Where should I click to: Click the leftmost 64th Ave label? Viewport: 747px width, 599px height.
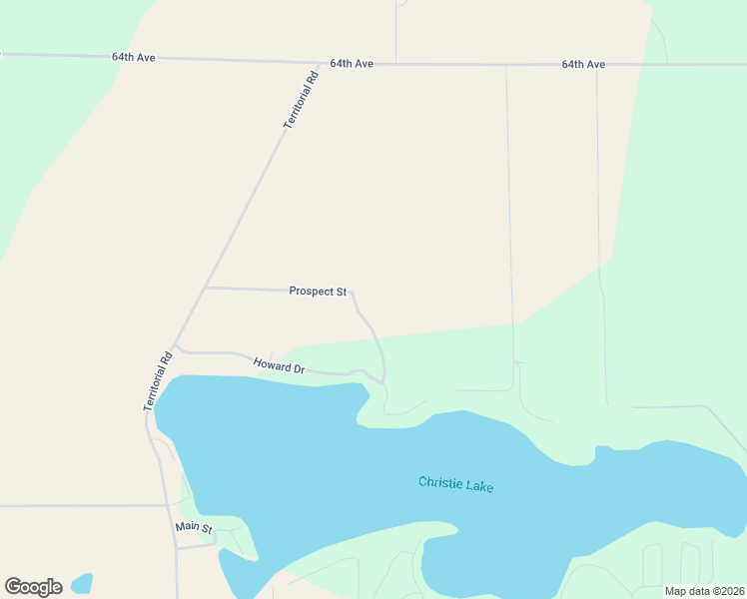point(134,58)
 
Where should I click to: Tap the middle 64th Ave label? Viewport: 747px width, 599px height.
point(352,63)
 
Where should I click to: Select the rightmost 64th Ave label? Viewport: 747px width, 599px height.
point(583,64)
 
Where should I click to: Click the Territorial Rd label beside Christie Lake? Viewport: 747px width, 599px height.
point(158,380)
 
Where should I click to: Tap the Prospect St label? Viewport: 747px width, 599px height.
point(318,292)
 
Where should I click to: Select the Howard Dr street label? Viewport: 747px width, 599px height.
point(279,365)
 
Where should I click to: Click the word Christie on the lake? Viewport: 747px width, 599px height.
point(440,483)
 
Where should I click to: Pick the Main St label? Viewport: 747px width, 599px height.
point(194,527)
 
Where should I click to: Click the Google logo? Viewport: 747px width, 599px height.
point(33,587)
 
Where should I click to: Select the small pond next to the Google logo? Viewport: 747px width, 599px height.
point(82,581)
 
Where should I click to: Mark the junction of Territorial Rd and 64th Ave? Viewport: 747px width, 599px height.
point(320,63)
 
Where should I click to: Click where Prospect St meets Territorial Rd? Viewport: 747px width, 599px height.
point(205,288)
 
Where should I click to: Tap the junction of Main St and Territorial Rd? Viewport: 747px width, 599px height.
point(176,547)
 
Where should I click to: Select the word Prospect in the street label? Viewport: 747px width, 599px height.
point(311,292)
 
